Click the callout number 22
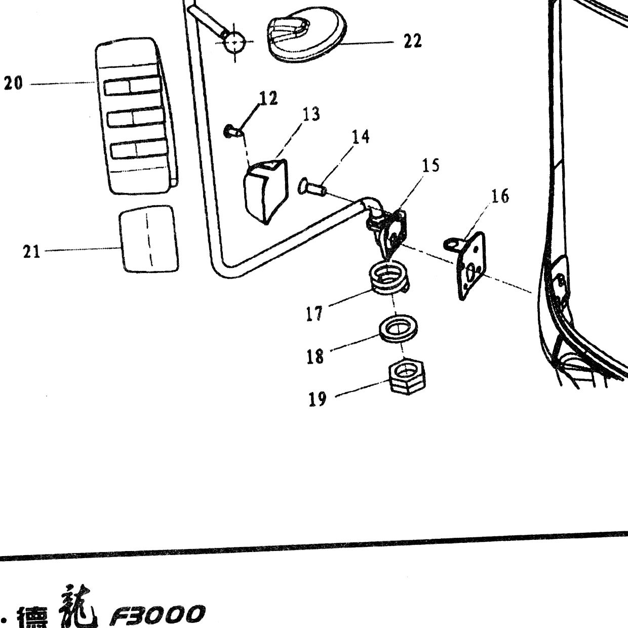tap(413, 42)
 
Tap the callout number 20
tap(13, 84)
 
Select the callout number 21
tap(31, 252)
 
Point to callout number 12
tap(268, 98)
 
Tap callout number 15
tap(430, 165)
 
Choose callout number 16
tap(499, 196)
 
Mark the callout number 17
tap(315, 313)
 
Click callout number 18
tap(315, 356)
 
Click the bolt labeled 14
tap(312, 187)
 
